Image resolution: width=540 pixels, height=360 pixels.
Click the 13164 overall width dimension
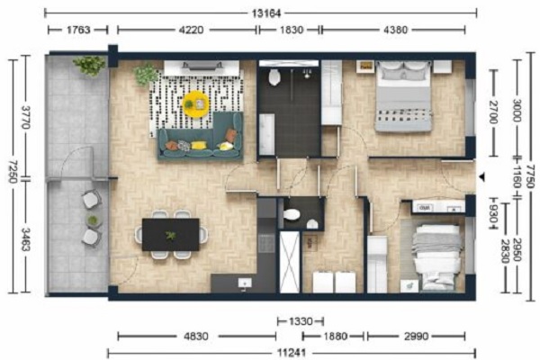tap(266, 13)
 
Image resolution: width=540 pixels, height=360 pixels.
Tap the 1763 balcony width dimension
tap(78, 30)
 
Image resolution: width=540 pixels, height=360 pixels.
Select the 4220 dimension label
tap(191, 30)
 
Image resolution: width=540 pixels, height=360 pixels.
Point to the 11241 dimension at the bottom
tap(292, 353)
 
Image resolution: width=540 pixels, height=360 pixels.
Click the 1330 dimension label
tap(301, 321)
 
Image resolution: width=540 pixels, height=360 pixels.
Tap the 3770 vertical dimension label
tap(26, 117)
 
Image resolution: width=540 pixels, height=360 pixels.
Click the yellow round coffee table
tap(196, 103)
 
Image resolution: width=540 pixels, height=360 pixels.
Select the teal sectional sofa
tap(201, 137)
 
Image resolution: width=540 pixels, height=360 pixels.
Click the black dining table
tap(171, 235)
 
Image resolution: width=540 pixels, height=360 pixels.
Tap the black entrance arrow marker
tap(481, 177)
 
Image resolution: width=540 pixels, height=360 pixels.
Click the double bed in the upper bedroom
tap(403, 96)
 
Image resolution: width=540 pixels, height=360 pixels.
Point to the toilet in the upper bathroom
tap(274, 76)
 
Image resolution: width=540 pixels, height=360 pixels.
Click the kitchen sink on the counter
tap(245, 283)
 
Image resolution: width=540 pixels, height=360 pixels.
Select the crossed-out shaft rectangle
tap(289, 262)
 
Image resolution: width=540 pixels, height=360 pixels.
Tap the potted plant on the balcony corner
tap(89, 65)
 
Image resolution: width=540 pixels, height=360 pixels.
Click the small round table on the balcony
tap(93, 220)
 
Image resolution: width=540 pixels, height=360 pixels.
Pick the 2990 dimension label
tap(416, 336)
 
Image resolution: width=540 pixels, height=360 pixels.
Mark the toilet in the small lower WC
tap(292, 214)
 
